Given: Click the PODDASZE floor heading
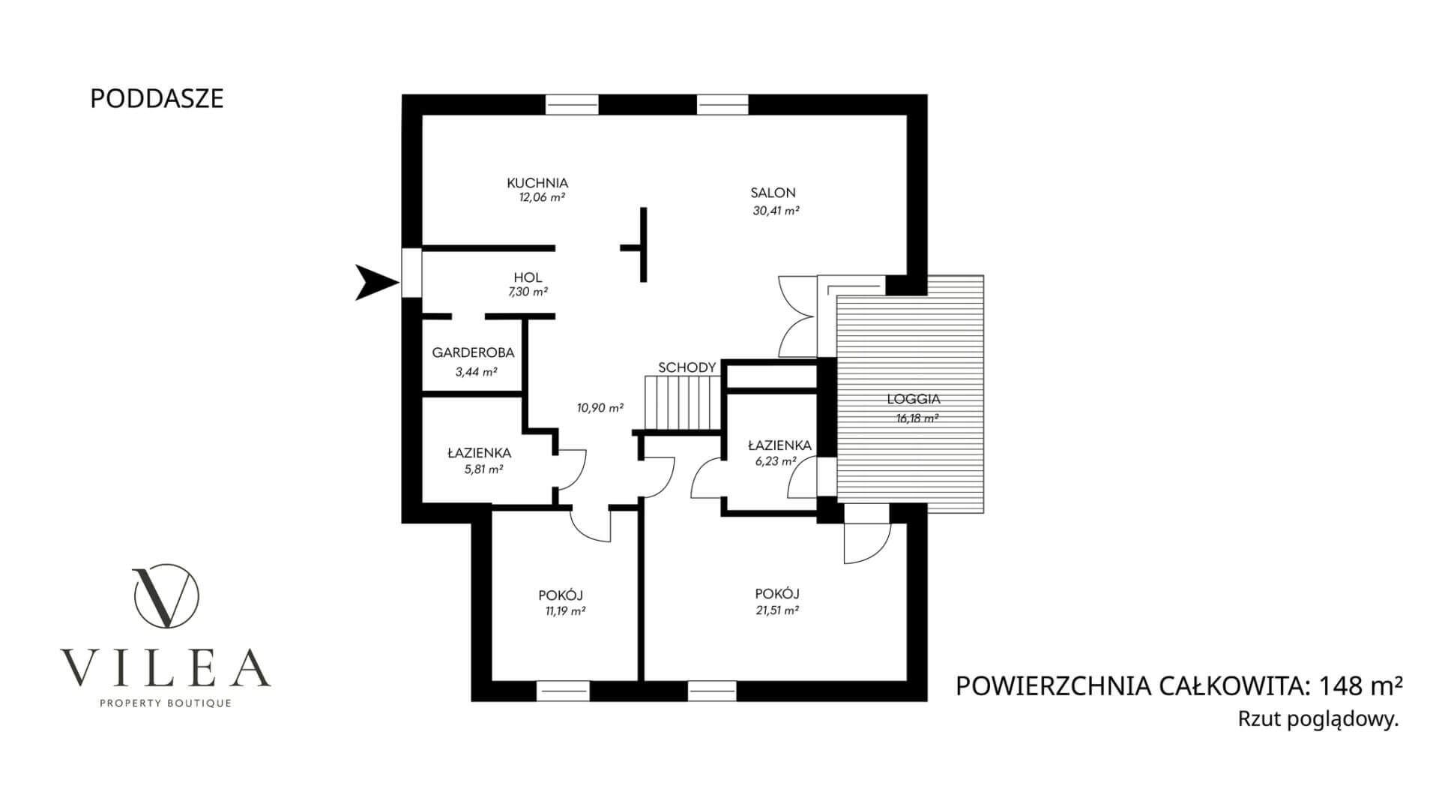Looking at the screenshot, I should pos(157,99).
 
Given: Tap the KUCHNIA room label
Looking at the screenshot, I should pos(537,183).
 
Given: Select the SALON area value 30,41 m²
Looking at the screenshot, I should pos(776,211).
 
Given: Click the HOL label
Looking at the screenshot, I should pos(528,277).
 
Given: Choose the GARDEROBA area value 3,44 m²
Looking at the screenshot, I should pos(476,371).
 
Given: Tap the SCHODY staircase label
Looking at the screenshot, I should pos(687,367).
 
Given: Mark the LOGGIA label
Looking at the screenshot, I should pos(913,400).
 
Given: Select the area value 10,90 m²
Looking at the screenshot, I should pos(600,408).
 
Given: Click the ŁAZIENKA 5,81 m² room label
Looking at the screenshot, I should pos(479,453).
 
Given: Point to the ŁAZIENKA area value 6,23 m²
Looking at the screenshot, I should pos(775,462).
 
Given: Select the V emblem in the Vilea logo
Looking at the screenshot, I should pos(166,597).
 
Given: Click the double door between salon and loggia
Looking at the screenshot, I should pos(796,316).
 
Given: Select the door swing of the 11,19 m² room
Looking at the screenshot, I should pos(592,525).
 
